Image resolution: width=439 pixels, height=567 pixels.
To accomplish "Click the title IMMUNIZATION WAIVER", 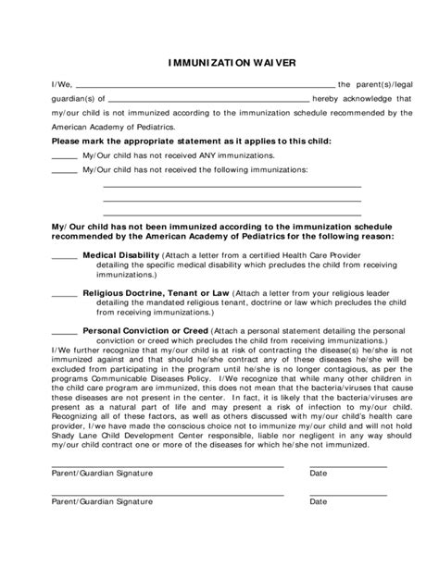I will pyautogui.click(x=219, y=66).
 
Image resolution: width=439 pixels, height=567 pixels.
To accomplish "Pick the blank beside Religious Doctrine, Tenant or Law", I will pyautogui.click(x=64, y=294).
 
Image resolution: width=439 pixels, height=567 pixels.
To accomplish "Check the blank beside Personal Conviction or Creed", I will pyautogui.click(x=64, y=332).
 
